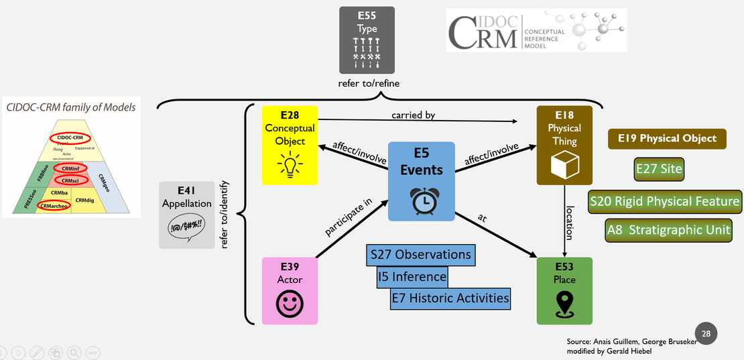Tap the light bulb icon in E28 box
(290, 164)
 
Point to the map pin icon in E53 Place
(564, 305)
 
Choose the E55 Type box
(367, 40)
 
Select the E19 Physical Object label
(662, 139)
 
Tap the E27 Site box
(659, 168)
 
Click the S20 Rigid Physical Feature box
(665, 200)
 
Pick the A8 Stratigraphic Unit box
(668, 231)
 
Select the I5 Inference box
(412, 276)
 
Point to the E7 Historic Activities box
(450, 298)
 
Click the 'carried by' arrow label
(414, 115)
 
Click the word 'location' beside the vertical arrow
(569, 223)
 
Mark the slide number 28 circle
(706, 333)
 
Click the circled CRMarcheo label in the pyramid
(54, 206)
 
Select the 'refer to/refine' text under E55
(367, 84)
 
